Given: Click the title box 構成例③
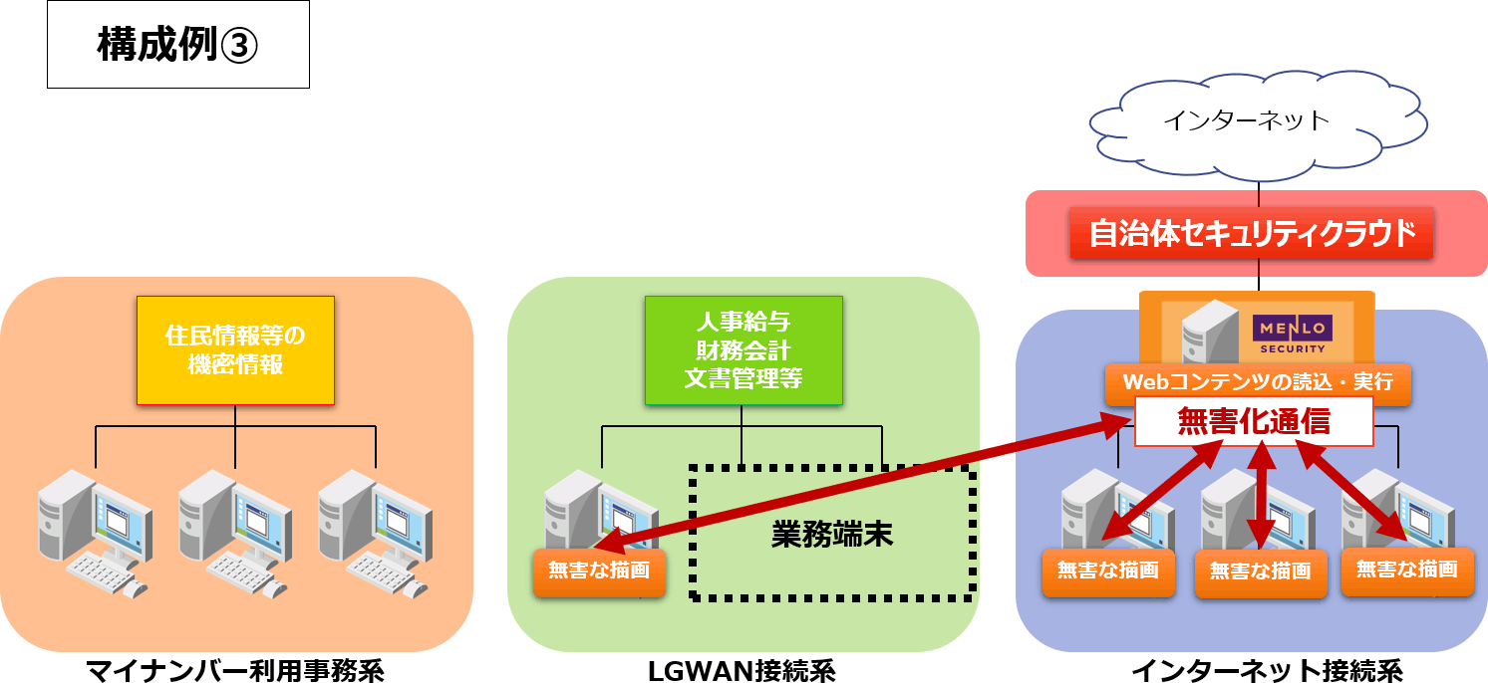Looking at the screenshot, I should pos(178,45).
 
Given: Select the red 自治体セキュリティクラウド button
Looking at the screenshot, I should pos(1252,234).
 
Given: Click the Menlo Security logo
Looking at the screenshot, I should pos(1293,334).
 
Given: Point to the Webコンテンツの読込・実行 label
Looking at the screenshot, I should pos(1258,382).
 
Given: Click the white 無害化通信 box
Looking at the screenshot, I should pos(1254,422).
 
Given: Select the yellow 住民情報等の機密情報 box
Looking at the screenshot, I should pos(235,350).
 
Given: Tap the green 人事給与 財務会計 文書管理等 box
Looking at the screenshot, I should pos(743,350).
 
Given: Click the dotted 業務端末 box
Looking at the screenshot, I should pos(832,533).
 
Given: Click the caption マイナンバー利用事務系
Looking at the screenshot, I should pos(234,670).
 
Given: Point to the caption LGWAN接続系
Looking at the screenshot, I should pos(742,670).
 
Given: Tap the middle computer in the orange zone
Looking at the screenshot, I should pos(235,533).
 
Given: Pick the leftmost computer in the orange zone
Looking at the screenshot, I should pos(96,533).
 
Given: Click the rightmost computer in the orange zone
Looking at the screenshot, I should pos(375,533).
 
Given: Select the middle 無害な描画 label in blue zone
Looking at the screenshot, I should pos(1260,572).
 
